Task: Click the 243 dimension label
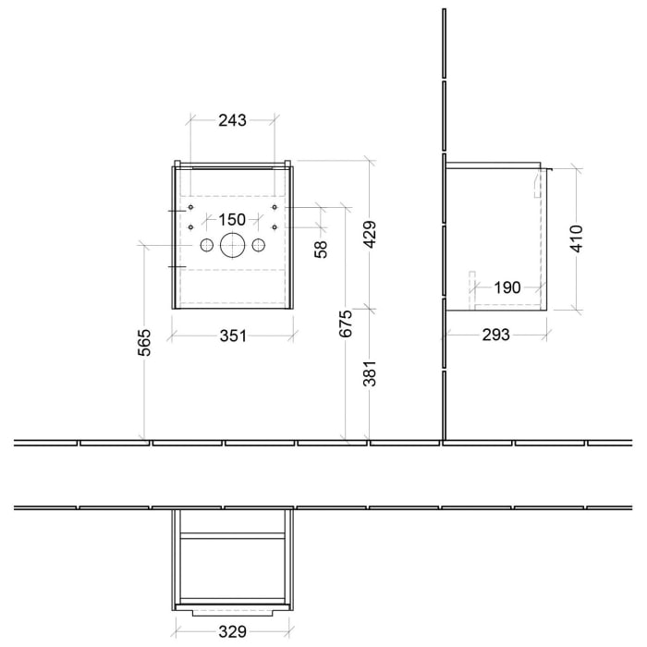(232, 119)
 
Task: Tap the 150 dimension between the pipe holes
(232, 219)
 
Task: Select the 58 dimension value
(321, 250)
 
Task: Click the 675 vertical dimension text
(346, 325)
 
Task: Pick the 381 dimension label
(369, 374)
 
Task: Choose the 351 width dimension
(232, 335)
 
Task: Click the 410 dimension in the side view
(577, 238)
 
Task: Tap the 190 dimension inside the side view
(507, 287)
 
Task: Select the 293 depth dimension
(495, 335)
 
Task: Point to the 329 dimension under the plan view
(232, 632)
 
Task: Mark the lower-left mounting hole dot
(190, 226)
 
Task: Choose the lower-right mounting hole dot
(275, 226)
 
